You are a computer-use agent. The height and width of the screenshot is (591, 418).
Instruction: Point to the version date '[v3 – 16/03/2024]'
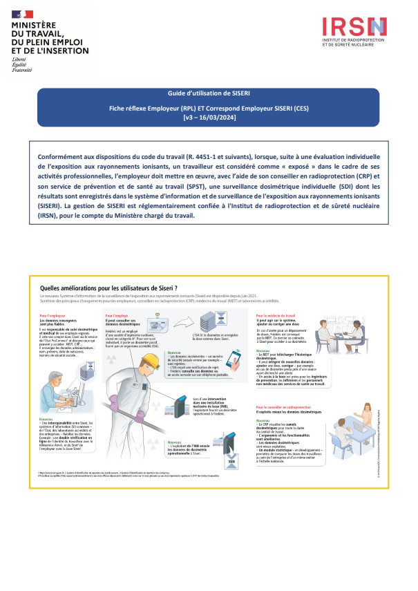pos(209,117)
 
